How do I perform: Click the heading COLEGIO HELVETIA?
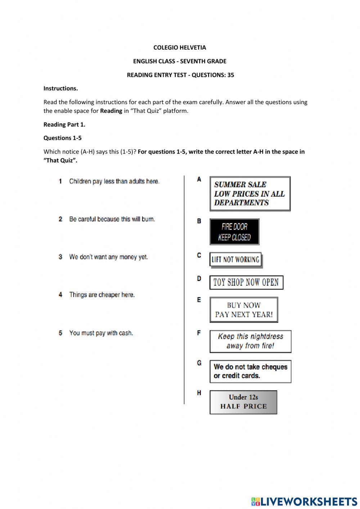point(180,48)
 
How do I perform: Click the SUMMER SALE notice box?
point(250,193)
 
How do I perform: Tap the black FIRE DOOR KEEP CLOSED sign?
point(234,232)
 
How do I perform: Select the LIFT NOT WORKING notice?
point(235,260)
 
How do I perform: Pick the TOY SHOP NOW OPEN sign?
point(246,282)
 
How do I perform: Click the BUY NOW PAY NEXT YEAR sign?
point(244,310)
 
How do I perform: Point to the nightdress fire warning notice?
point(250,341)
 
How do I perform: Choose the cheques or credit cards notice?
point(250,371)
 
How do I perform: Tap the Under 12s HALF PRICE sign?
point(243,402)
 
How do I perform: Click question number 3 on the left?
point(60,257)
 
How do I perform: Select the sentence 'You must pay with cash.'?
point(101,333)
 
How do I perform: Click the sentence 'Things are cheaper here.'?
point(102,295)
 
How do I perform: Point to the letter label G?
point(199,363)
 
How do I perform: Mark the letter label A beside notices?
point(199,179)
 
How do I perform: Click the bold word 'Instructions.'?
point(60,88)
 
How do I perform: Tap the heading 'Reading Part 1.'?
point(64,125)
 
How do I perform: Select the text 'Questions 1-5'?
point(62,138)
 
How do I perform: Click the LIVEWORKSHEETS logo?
point(304,501)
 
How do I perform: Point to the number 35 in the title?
point(230,75)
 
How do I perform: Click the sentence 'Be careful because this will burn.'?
point(112,219)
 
